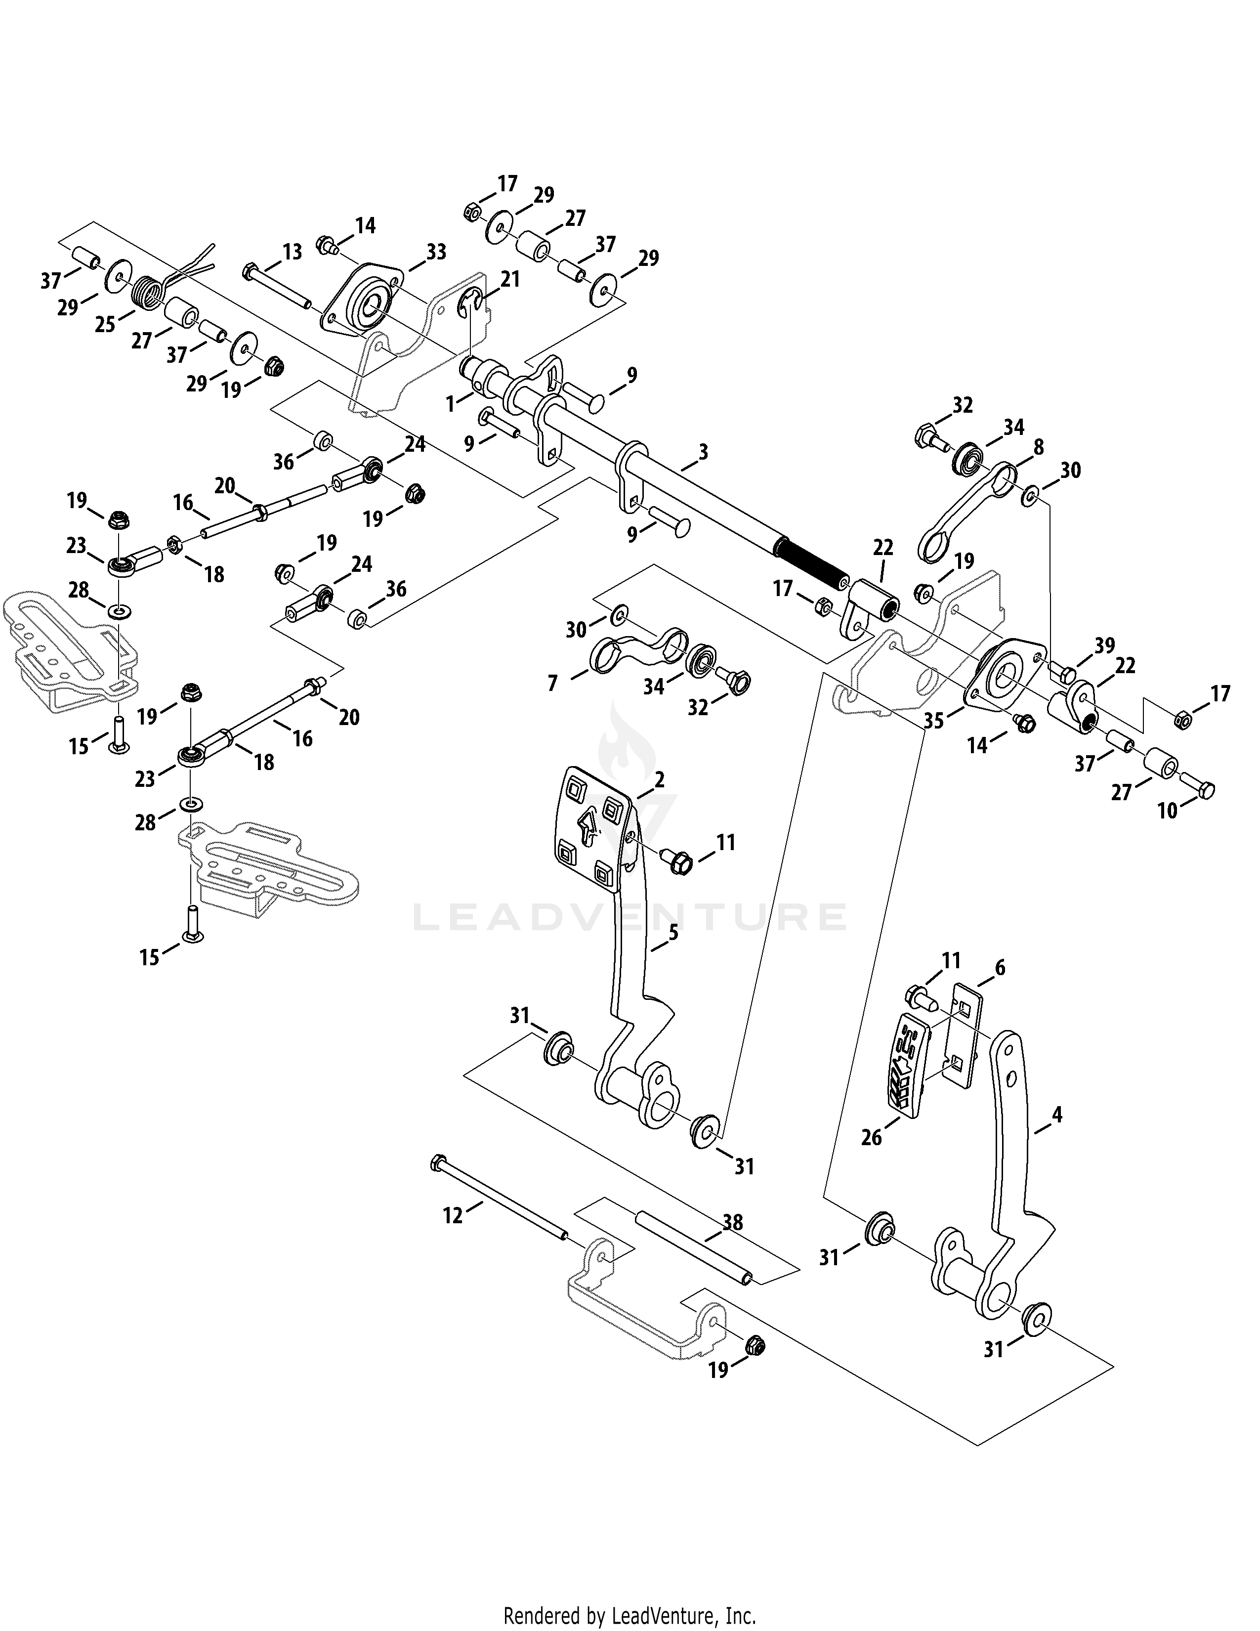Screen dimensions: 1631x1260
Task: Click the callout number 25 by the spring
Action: pos(105,324)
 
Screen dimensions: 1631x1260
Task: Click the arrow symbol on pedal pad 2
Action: pos(589,827)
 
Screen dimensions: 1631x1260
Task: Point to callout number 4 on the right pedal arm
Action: pos(1056,1115)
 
